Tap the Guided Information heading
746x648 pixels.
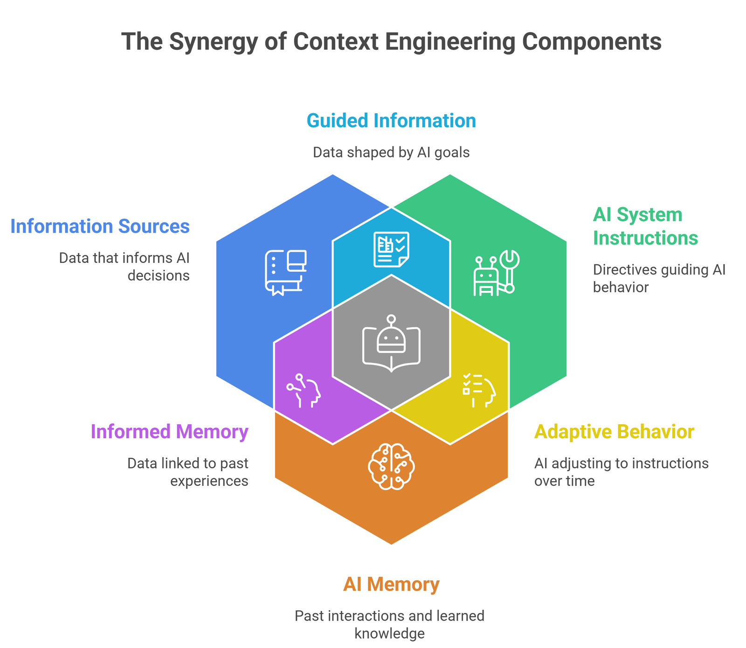click(391, 121)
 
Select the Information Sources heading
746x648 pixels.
click(100, 227)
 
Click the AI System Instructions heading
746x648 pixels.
click(645, 227)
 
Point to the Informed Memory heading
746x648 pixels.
click(169, 432)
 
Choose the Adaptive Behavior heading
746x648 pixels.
click(614, 432)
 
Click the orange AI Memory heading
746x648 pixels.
click(391, 585)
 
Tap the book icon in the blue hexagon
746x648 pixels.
click(285, 273)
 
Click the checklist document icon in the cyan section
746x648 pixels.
click(391, 249)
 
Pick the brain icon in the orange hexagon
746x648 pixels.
click(391, 466)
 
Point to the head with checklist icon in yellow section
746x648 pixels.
click(479, 391)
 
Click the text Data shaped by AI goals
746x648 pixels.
click(391, 152)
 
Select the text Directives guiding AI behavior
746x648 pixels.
click(659, 278)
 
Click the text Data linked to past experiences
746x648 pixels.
click(188, 472)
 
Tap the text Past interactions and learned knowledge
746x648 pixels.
click(390, 625)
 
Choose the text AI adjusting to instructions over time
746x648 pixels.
click(621, 472)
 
